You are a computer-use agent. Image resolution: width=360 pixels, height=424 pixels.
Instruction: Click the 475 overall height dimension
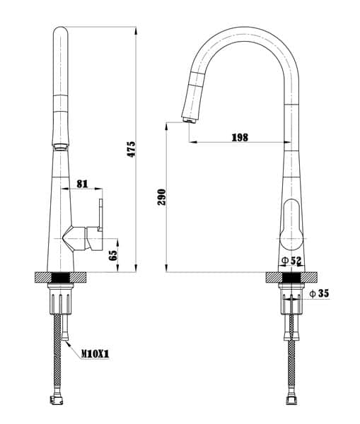coord(132,149)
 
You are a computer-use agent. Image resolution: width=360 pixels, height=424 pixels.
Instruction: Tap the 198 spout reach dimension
coord(240,137)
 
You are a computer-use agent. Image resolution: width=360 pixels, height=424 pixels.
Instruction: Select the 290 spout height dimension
coord(161,197)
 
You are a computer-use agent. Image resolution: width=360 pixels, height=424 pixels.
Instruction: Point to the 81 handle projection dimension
coord(82,184)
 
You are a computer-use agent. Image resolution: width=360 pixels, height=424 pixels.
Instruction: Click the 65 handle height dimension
coord(113,255)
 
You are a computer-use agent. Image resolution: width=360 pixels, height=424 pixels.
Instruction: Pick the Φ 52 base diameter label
coord(291,260)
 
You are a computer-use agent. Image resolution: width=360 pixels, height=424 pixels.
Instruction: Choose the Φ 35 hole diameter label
coord(320,293)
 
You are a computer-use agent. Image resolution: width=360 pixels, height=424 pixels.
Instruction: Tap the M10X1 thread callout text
coord(95,353)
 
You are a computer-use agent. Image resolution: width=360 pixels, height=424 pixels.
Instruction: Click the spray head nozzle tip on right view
coord(189,120)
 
